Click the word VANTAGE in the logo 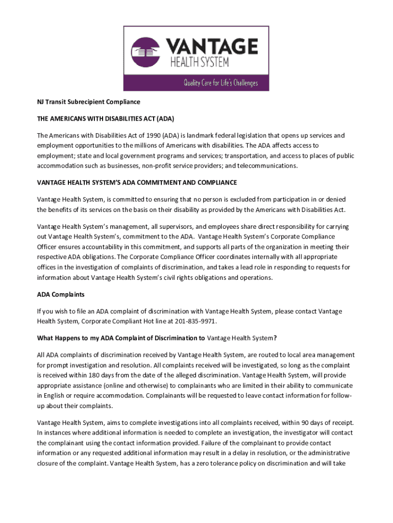pyautogui.click(x=214, y=46)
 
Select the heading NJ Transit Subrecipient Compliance pyautogui.click(x=88, y=102)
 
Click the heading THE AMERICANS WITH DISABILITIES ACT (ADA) pyautogui.click(x=106, y=119)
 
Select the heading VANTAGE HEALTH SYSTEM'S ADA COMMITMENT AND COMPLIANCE pyautogui.click(x=137, y=183)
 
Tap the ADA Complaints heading pyautogui.click(x=61, y=295)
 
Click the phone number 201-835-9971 pyautogui.click(x=195, y=322)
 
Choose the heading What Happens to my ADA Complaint pyautogui.click(x=157, y=338)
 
